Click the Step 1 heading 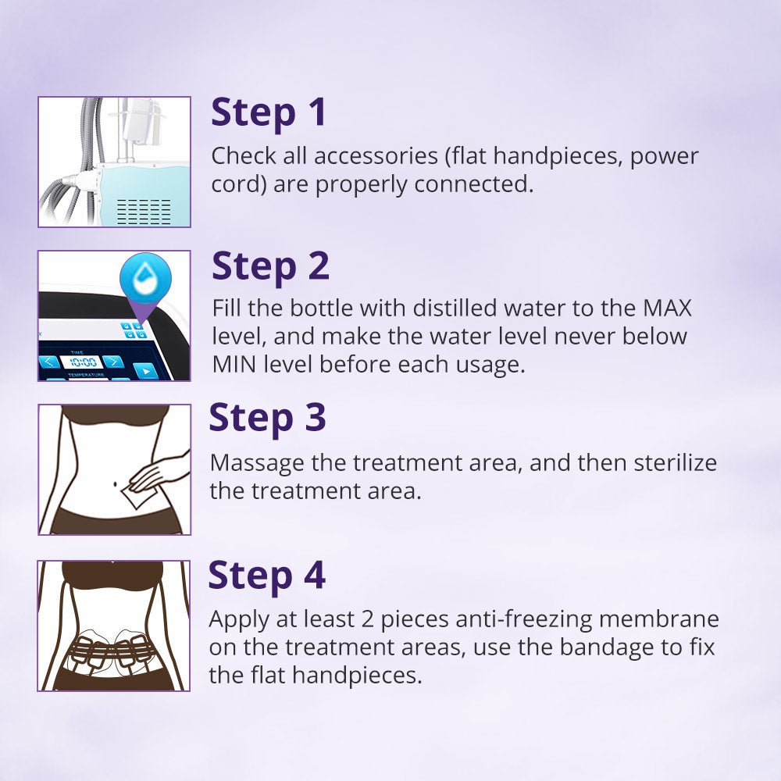pyautogui.click(x=268, y=113)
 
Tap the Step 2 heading pyautogui.click(x=270, y=267)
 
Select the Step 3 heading pyautogui.click(x=267, y=419)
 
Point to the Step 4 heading pyautogui.click(x=266, y=576)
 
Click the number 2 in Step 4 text pyautogui.click(x=354, y=619)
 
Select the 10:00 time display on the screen pyautogui.click(x=82, y=362)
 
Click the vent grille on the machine pyautogui.click(x=144, y=210)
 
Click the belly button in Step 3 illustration pyautogui.click(x=116, y=483)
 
